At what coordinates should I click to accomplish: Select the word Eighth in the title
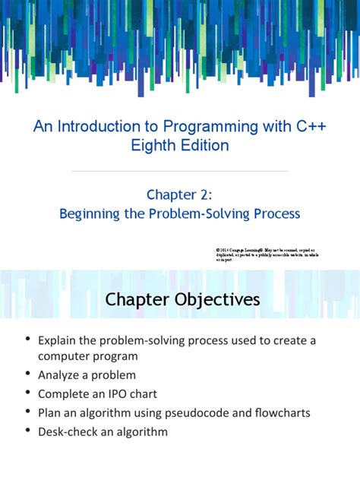157,145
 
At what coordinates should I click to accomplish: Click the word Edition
203,145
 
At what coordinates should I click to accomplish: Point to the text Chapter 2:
180,194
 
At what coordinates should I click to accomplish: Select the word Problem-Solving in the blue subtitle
204,214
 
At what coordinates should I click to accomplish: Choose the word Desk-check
71,431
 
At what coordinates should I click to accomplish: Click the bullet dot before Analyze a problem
28,374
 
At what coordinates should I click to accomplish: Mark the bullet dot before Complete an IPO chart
28,393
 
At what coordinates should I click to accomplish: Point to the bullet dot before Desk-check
28,431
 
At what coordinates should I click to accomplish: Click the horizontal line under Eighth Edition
180,172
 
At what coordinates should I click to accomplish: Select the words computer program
87,355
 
